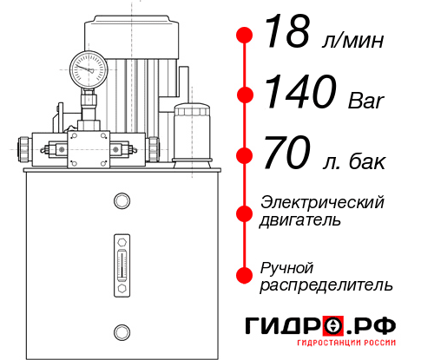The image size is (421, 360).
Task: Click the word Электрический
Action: coord(322,202)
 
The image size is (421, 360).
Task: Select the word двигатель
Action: coord(300,220)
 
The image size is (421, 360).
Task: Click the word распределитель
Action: coord(326,285)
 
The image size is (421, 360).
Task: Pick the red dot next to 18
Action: coord(245,36)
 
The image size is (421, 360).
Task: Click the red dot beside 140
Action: coord(245,95)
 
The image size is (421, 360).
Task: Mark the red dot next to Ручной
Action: coord(245,274)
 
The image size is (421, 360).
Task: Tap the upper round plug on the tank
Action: coord(121,201)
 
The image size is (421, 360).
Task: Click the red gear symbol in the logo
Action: coord(332,327)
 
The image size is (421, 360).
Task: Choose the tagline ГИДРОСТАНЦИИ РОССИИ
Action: coord(347,347)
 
